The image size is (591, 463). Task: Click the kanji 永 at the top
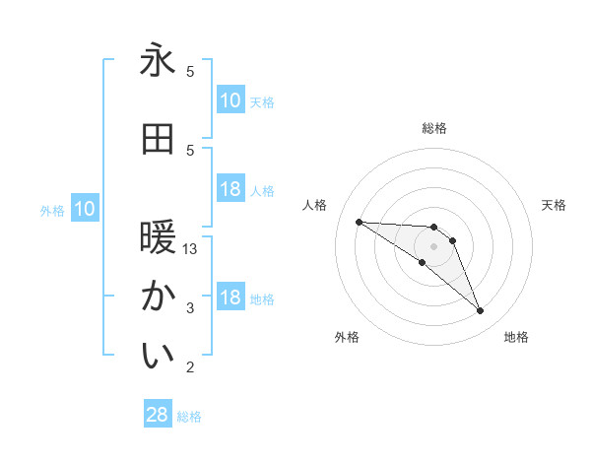(158, 61)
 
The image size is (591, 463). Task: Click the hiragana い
(158, 357)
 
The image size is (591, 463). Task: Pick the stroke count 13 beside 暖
(190, 249)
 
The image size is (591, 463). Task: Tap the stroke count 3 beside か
(190, 308)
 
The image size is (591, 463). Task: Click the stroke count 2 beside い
(190, 367)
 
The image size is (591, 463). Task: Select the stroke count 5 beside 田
(190, 150)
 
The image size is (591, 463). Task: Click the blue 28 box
(158, 416)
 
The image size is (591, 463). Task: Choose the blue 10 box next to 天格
(230, 100)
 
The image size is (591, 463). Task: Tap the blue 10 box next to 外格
(84, 209)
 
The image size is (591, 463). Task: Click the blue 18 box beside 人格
(230, 189)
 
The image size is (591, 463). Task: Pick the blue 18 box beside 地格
(230, 298)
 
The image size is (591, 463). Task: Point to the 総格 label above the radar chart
(434, 128)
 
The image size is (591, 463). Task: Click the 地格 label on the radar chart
(516, 338)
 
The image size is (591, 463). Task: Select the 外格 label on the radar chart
(347, 338)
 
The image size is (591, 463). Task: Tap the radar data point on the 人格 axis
(359, 222)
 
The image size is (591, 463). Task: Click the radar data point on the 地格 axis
(480, 311)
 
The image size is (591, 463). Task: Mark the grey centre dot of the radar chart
(433, 246)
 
